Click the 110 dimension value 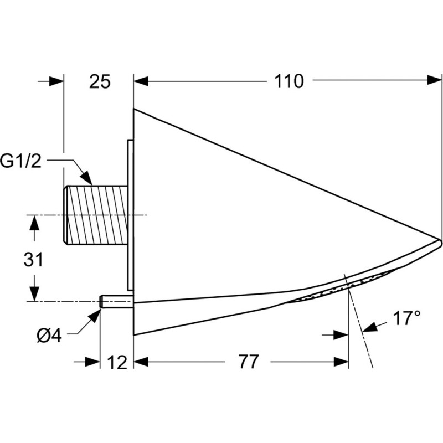pos(289,81)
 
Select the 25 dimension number pos(100,81)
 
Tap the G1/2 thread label pos(20,162)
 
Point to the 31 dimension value pos(33,259)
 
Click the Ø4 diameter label pos(49,336)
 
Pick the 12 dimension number pos(117,363)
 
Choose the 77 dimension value pos(248,362)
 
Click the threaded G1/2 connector pos(95,214)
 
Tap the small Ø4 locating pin pos(116,301)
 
